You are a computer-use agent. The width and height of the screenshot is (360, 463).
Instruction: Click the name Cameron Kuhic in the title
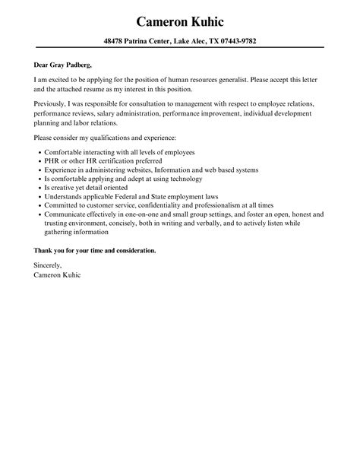pos(179,19)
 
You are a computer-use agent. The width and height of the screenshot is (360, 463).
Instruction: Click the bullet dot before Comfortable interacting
pos(39,152)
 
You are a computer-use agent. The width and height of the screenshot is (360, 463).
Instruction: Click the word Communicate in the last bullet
pos(67,215)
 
